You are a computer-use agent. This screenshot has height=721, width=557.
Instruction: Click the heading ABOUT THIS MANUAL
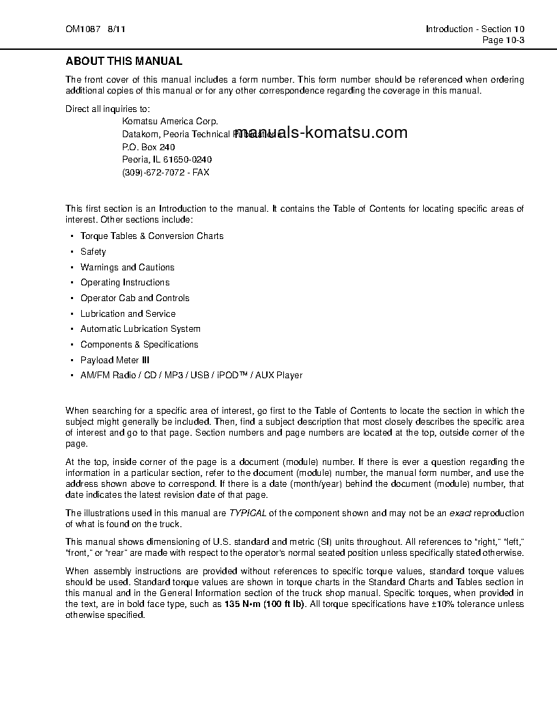pyautogui.click(x=124, y=61)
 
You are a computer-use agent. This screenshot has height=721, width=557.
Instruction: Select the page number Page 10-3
pyautogui.click(x=503, y=40)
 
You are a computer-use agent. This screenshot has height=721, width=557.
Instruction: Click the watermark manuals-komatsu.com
pyautogui.click(x=324, y=132)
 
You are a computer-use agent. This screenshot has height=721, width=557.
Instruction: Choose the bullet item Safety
pyautogui.click(x=94, y=252)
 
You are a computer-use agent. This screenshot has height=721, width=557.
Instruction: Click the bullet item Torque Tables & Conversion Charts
pyautogui.click(x=152, y=236)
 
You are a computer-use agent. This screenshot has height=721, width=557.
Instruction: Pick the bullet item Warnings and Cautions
pyautogui.click(x=127, y=268)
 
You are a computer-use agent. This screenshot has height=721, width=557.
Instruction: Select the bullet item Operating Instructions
pyautogui.click(x=125, y=283)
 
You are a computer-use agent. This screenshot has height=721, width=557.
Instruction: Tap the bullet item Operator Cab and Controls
pyautogui.click(x=134, y=298)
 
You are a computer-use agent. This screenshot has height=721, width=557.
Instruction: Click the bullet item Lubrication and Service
pyautogui.click(x=128, y=314)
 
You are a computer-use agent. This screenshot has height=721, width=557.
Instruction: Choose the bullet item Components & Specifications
pyautogui.click(x=139, y=345)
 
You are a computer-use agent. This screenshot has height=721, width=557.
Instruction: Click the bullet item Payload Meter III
pyautogui.click(x=115, y=360)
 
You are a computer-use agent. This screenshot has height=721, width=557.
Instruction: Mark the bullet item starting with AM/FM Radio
pyautogui.click(x=191, y=376)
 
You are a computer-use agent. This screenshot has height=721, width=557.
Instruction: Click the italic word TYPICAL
pyautogui.click(x=247, y=513)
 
